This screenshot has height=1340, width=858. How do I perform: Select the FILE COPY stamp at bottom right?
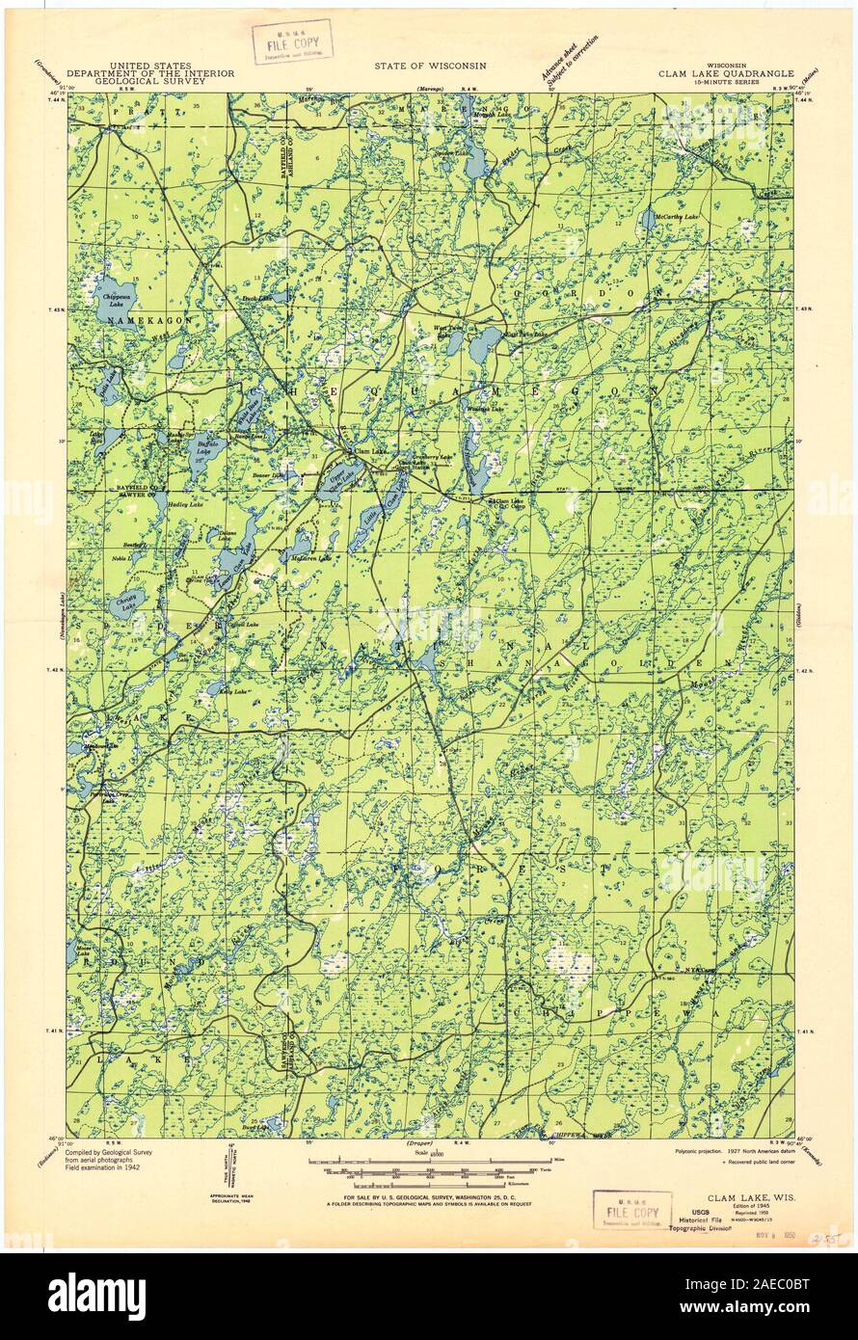click(x=631, y=1211)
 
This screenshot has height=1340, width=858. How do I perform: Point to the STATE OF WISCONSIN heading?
click(x=431, y=66)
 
